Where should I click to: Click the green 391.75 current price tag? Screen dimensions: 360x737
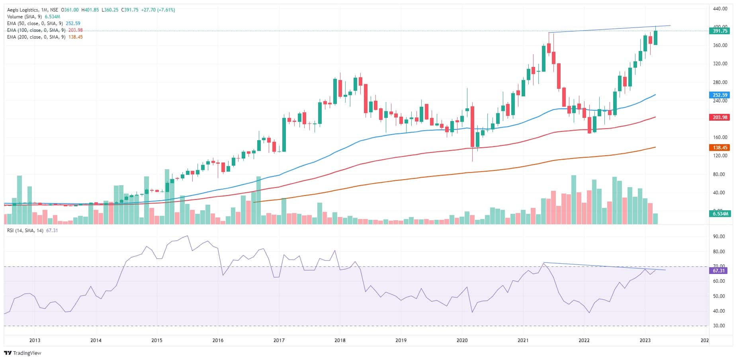tap(719, 31)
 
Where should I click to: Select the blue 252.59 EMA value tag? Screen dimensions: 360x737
tap(719, 95)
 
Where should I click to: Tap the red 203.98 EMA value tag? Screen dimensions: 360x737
tap(719, 117)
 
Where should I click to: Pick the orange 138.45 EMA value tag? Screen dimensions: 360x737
tap(719, 147)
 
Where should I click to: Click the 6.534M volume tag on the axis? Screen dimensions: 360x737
tap(719, 214)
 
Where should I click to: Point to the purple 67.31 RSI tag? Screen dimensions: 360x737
tap(719, 270)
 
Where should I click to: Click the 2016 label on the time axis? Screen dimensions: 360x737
tap(218, 340)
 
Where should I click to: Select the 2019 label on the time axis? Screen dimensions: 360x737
tap(401, 340)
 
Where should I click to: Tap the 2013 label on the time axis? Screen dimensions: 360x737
tap(35, 340)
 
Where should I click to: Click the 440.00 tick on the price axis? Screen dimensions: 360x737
tap(720, 8)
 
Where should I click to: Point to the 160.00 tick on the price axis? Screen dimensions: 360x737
tap(720, 137)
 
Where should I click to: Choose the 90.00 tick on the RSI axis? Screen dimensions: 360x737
tap(719, 237)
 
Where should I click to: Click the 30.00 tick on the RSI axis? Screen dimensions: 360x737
tap(719, 326)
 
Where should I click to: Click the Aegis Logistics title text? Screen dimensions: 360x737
tap(23, 10)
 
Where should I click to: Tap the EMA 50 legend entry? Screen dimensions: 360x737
tap(34, 23)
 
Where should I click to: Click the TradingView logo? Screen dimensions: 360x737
tap(23, 353)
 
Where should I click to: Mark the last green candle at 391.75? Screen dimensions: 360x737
tap(655, 38)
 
